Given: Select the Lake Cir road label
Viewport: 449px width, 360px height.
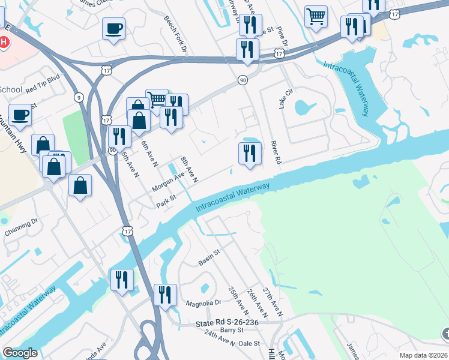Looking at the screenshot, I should pos(284,99).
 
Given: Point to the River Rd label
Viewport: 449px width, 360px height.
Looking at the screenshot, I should pos(276,151).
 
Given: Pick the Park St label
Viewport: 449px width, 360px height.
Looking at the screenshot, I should pos(166,201).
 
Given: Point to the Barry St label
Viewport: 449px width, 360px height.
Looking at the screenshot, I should pos(232,330).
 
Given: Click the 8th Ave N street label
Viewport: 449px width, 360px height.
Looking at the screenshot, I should pos(190,167).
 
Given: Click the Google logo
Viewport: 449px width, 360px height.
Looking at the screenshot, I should pos(20,353).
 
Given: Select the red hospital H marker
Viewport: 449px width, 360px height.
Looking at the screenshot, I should pos(4,43).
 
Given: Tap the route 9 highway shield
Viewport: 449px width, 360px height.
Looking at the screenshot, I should pos(79,97).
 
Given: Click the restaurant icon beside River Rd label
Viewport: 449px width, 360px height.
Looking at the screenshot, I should pos(249,153).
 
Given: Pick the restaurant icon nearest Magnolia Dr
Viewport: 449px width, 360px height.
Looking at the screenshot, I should pos(164,295).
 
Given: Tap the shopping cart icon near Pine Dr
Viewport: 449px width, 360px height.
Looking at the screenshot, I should pos(316,16).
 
